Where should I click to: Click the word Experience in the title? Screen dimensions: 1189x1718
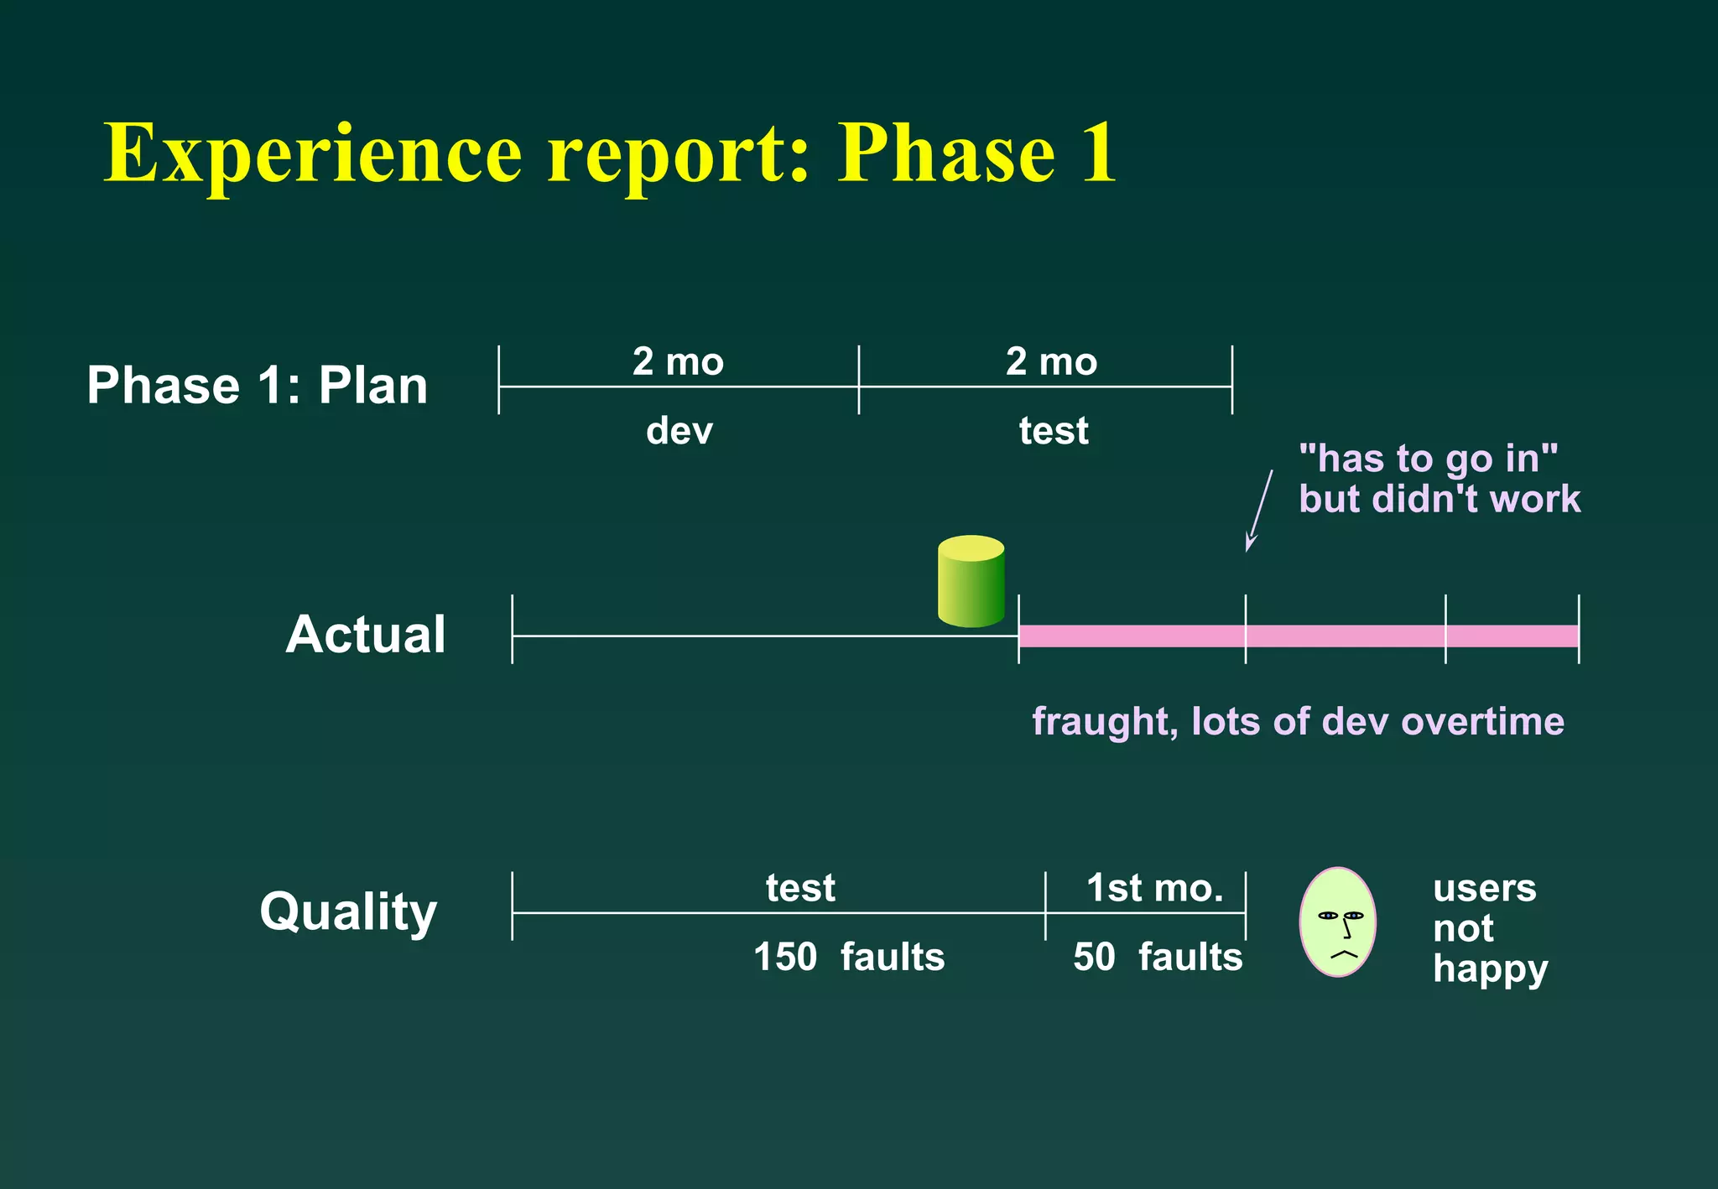[313, 153]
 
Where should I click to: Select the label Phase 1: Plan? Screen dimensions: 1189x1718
[258, 386]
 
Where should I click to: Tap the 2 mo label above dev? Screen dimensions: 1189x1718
[678, 361]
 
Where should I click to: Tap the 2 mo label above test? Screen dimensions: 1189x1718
[1051, 361]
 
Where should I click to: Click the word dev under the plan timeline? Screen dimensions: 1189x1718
[679, 431]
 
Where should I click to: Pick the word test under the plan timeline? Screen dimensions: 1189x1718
[1053, 431]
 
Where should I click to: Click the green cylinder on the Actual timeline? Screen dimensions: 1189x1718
[971, 582]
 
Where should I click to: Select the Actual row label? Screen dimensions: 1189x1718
[366, 634]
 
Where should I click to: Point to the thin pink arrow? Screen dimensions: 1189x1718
[1259, 510]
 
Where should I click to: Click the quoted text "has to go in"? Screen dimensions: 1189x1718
[1428, 459]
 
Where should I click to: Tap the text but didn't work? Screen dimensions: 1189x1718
[1439, 499]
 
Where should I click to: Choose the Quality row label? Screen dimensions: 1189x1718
[348, 911]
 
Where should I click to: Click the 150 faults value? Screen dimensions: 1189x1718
[848, 957]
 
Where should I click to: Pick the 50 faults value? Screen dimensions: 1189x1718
[1157, 957]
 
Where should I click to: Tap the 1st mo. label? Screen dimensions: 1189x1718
[1154, 888]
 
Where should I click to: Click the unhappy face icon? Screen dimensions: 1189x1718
[1337, 922]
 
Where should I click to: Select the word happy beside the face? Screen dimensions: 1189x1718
[1490, 969]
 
